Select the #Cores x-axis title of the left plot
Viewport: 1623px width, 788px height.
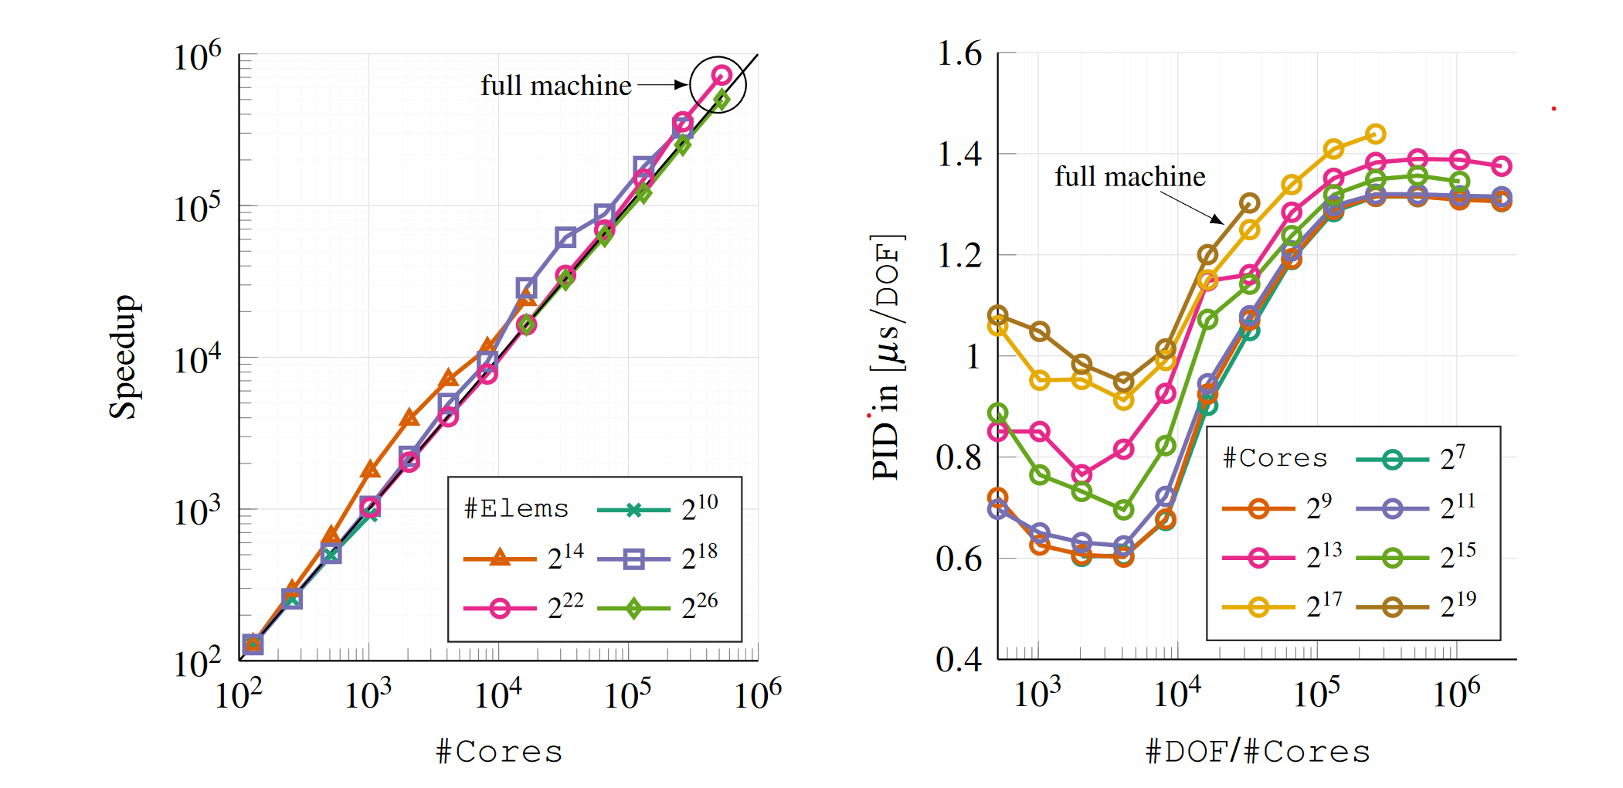coord(499,752)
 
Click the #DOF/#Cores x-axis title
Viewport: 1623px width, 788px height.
coord(1258,752)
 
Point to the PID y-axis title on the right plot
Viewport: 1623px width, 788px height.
coord(887,356)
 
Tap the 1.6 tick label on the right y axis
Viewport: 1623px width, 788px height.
coord(959,54)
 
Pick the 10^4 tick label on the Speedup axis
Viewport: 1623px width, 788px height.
coord(196,359)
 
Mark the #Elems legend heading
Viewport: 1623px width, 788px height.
coord(516,508)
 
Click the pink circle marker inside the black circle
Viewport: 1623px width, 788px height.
coord(722,75)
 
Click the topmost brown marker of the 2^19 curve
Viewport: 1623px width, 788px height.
coord(1250,203)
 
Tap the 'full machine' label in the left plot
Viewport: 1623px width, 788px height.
coord(556,85)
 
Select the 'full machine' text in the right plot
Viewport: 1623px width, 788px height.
coord(1130,177)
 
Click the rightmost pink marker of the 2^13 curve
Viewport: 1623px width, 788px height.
coord(1502,166)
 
